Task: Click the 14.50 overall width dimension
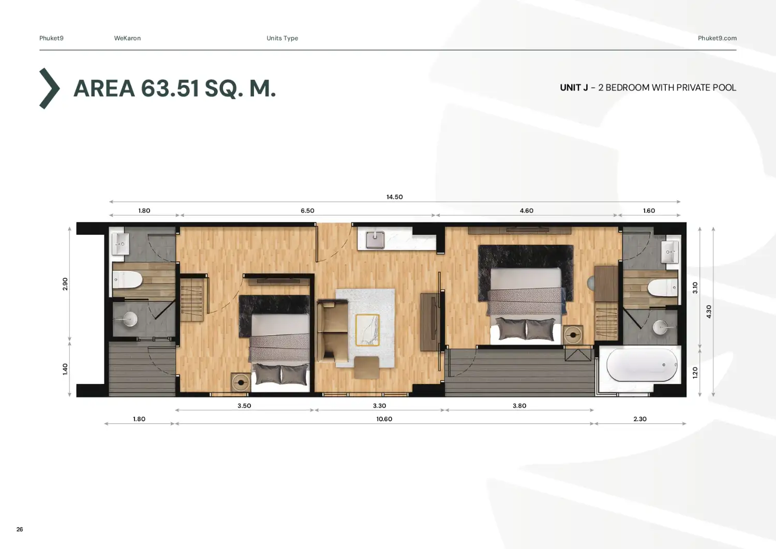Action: coord(395,197)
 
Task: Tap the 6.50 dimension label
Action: coord(307,211)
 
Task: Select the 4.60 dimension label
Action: coord(526,211)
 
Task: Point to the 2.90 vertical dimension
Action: coord(65,284)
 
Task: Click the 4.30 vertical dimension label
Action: coord(708,311)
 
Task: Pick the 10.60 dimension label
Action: coord(384,419)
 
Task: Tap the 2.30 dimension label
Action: coord(640,419)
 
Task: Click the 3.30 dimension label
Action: coord(379,406)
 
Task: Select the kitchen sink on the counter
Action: coord(375,240)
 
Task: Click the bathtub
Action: coord(642,365)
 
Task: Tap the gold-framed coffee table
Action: coord(367,330)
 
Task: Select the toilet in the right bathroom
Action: coord(662,288)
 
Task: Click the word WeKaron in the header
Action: coord(127,38)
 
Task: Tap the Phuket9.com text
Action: coord(717,38)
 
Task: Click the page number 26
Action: coord(20,529)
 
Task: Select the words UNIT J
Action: coord(574,87)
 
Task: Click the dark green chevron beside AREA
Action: coord(49,88)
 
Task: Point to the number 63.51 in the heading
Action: coord(170,88)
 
